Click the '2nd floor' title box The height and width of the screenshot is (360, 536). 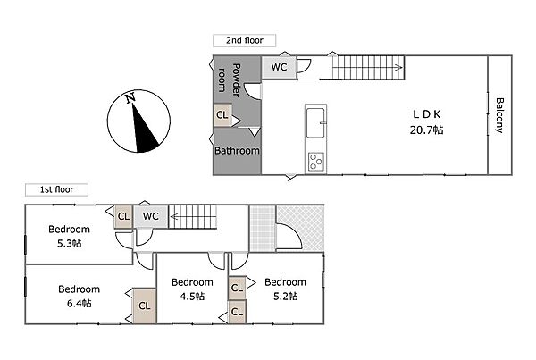(x=244, y=40)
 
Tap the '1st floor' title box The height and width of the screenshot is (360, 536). (x=56, y=189)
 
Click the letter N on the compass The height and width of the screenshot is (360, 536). (x=130, y=98)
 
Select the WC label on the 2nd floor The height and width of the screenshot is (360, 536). (x=279, y=67)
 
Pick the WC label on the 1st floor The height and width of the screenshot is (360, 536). (x=150, y=216)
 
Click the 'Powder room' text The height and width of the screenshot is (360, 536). (x=230, y=80)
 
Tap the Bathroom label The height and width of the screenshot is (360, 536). (x=237, y=151)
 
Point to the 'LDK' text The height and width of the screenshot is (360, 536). (x=427, y=114)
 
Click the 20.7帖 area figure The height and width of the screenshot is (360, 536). (x=427, y=130)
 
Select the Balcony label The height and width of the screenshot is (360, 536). (x=499, y=115)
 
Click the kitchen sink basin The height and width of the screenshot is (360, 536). (x=315, y=122)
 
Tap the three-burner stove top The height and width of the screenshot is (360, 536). (x=316, y=162)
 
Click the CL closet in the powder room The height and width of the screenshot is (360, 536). (x=222, y=115)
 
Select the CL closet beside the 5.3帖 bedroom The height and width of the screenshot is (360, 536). (x=123, y=216)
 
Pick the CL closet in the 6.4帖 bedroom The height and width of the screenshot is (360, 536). (x=145, y=306)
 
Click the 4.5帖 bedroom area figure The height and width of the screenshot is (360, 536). (x=192, y=296)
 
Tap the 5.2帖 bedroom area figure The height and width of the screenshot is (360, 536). (x=286, y=296)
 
